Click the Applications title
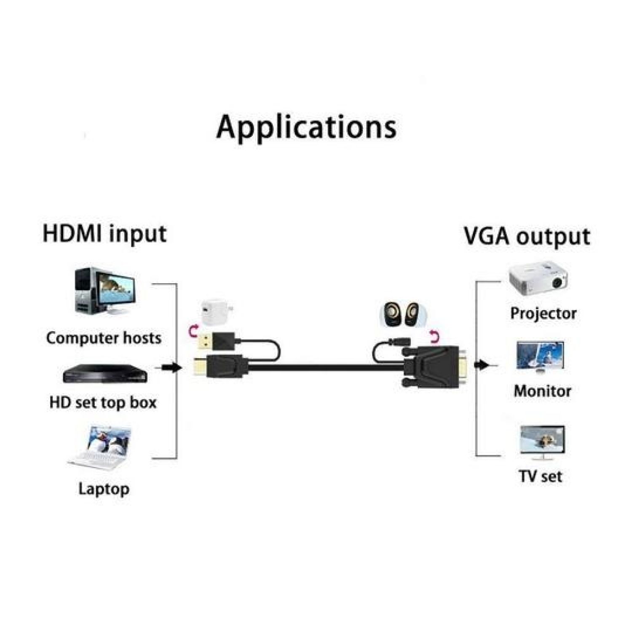pyautogui.click(x=306, y=127)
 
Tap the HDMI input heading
pyautogui.click(x=104, y=234)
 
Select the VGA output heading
pyautogui.click(x=527, y=236)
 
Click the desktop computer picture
pyautogui.click(x=106, y=292)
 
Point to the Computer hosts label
pyautogui.click(x=104, y=338)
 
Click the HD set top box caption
pyautogui.click(x=103, y=402)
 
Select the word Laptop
pyautogui.click(x=104, y=489)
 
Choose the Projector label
pyautogui.click(x=543, y=313)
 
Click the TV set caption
pyautogui.click(x=541, y=477)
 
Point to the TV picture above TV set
pyautogui.click(x=542, y=442)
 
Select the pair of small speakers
pyautogui.click(x=399, y=314)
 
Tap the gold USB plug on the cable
pyautogui.click(x=205, y=341)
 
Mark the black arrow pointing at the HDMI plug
pyautogui.click(x=171, y=368)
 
